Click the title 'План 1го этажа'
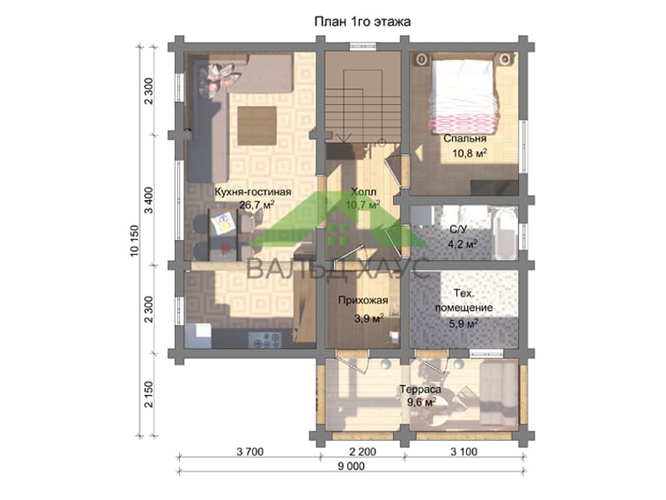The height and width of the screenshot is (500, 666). click(362, 22)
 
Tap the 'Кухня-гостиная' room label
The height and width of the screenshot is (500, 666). click(253, 192)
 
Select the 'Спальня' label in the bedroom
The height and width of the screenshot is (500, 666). click(465, 138)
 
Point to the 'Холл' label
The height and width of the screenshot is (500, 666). click(364, 192)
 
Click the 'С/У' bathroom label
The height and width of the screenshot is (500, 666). click(459, 230)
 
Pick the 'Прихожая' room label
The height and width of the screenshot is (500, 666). click(363, 301)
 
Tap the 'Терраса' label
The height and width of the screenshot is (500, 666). click(420, 389)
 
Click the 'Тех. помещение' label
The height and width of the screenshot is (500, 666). click(464, 301)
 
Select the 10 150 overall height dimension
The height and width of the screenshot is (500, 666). click(134, 241)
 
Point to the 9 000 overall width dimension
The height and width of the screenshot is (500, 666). click(350, 467)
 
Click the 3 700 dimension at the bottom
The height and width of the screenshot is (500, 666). click(251, 452)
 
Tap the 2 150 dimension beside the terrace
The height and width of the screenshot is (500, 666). click(148, 394)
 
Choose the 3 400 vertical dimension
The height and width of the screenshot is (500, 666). click(148, 200)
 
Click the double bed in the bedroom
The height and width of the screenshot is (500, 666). click(463, 92)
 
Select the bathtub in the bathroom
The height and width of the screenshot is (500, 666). click(505, 232)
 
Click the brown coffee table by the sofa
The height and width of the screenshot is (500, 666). click(257, 126)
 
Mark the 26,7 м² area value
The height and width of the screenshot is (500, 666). click(256, 205)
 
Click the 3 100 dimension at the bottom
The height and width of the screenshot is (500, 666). click(464, 452)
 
